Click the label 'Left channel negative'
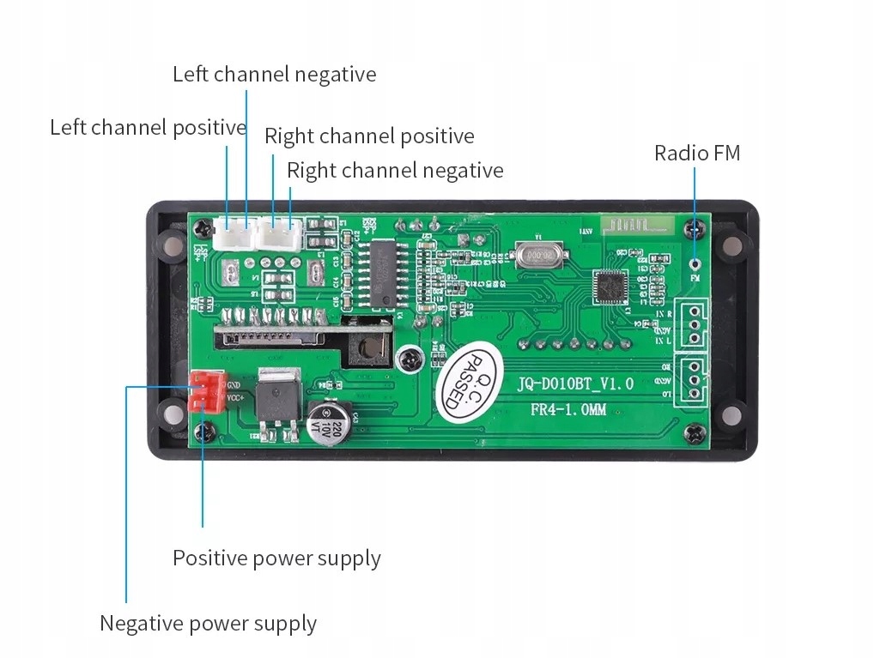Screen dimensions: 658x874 [274, 74]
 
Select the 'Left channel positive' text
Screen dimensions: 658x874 [148, 128]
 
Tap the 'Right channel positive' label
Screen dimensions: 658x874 [369, 136]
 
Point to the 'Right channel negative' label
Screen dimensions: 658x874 [395, 170]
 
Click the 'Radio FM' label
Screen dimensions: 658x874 [696, 153]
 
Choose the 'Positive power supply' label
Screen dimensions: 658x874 [276, 558]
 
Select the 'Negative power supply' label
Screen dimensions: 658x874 [208, 623]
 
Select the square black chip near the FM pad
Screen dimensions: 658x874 [610, 286]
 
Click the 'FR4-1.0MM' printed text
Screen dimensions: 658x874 [567, 410]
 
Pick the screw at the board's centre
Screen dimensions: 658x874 [410, 358]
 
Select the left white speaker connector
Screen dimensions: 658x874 [234, 234]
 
